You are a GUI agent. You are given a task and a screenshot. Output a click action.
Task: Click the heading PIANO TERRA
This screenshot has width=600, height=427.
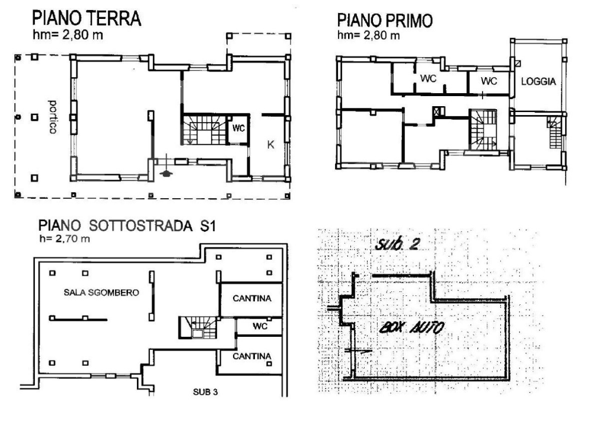87,18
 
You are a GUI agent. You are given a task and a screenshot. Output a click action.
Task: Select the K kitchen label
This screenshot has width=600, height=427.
270,144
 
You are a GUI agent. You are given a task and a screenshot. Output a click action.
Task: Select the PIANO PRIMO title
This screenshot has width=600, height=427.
385,21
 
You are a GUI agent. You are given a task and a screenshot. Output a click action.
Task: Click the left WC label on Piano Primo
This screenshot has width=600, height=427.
429,79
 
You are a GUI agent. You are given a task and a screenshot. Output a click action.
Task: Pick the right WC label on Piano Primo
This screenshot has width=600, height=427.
488,80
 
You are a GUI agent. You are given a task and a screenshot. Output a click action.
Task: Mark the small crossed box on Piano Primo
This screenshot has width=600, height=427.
439,110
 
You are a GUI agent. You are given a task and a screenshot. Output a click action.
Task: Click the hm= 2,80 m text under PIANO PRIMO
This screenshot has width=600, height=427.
368,36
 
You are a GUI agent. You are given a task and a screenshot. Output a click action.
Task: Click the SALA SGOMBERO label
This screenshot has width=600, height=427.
101,293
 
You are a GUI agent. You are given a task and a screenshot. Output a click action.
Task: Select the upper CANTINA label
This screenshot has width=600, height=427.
252,298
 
